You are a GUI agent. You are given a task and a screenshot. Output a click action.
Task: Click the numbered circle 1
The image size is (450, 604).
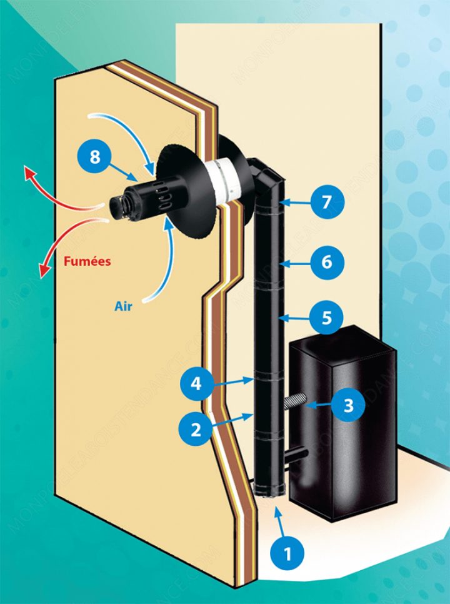tap(287, 553)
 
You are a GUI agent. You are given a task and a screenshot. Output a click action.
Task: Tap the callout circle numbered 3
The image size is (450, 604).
tap(349, 405)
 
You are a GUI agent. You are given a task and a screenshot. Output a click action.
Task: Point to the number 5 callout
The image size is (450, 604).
tap(327, 317)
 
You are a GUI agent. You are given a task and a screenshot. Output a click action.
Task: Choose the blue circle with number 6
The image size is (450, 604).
tap(327, 262)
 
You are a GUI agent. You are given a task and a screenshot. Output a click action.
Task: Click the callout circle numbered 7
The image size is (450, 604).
tap(327, 202)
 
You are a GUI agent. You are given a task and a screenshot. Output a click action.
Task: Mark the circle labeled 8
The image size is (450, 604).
tap(94, 156)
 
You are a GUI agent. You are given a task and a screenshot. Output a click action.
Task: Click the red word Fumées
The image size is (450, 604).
tap(87, 261)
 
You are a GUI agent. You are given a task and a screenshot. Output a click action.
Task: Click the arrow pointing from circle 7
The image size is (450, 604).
tap(297, 203)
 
